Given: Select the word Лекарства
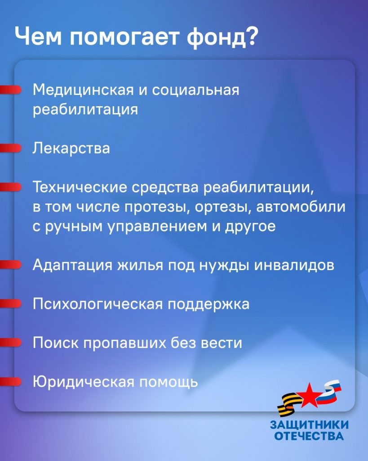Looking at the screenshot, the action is [x=71, y=148].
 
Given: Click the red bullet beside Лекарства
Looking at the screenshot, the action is [x=11, y=148].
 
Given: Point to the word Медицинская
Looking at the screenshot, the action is [x=83, y=90].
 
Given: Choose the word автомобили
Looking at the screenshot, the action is [x=301, y=207].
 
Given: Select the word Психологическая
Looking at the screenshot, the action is [x=98, y=304].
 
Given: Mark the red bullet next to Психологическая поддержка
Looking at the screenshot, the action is [x=11, y=303].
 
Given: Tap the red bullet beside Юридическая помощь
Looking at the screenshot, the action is [x=11, y=382].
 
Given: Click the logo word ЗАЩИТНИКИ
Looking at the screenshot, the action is [x=309, y=425].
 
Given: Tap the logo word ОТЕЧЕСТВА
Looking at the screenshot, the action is [x=309, y=436].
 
